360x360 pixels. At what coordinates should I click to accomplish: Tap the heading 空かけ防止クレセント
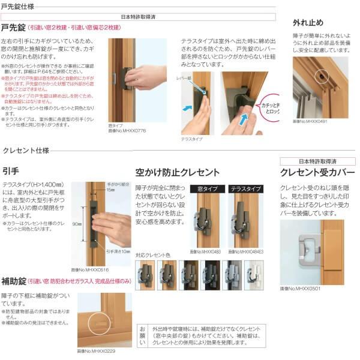tap(178, 172)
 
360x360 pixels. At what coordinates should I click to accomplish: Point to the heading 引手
tap(10, 170)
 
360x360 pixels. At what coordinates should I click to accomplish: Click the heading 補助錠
tap(13, 280)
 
